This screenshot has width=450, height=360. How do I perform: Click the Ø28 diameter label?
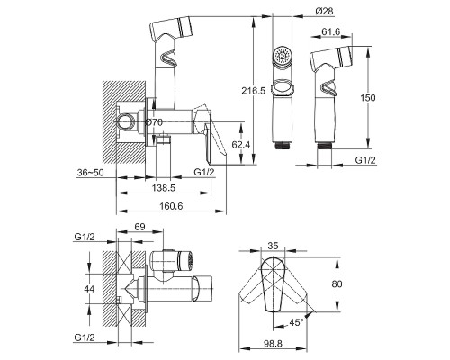pos(324,11)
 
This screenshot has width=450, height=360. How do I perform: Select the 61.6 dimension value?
pos(331,31)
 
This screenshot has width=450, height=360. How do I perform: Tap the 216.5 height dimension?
pos(254,91)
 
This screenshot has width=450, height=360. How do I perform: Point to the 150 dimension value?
pos(368,98)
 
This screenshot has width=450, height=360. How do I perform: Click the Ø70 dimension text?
pos(154,122)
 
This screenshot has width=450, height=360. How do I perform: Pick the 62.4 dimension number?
pos(241,145)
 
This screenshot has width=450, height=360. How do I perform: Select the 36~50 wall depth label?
pos(91,173)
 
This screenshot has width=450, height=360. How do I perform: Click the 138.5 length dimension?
pos(164,188)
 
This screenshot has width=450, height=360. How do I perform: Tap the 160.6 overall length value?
pos(171,206)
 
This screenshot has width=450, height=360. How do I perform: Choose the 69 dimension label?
pos(139,227)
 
